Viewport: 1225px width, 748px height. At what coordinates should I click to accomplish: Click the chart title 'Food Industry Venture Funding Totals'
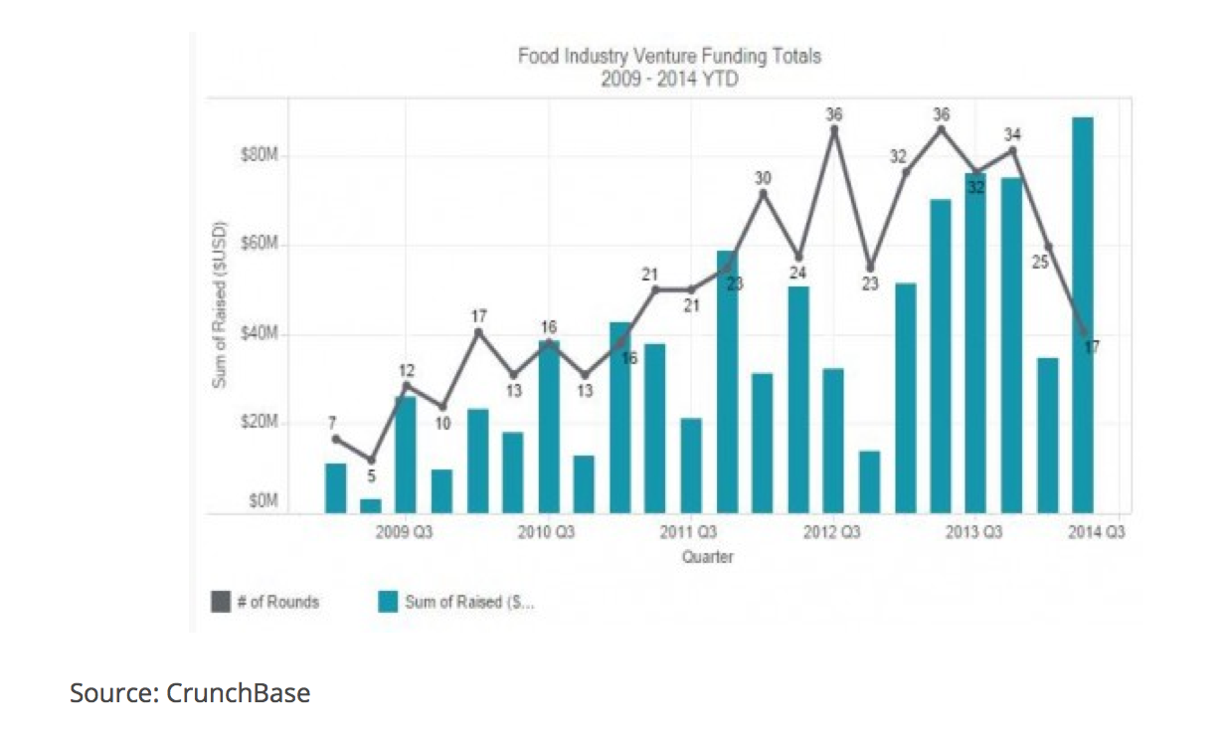click(669, 56)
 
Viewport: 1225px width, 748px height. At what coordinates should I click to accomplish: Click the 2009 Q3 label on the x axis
click(404, 533)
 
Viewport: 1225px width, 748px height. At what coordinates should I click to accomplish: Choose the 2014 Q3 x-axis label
click(1097, 533)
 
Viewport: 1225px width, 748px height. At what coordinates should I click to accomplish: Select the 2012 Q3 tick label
click(832, 533)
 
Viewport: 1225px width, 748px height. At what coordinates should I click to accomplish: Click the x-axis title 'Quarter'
click(707, 557)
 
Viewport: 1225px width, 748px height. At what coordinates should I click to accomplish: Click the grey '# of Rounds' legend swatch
click(221, 601)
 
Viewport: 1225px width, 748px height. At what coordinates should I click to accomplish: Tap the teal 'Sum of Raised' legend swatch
click(389, 601)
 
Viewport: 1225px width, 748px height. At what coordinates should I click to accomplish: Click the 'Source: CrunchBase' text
click(190, 692)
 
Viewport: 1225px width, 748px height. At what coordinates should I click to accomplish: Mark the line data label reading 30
click(763, 178)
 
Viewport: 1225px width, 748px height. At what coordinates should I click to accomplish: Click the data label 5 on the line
click(371, 477)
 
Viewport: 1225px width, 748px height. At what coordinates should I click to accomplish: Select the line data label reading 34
click(1012, 133)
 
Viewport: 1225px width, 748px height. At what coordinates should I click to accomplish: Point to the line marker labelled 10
click(442, 406)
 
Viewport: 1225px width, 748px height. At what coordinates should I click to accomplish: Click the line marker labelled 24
click(798, 257)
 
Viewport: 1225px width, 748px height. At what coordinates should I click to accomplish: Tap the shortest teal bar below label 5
click(371, 505)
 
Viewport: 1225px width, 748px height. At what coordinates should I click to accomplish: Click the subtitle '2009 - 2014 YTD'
click(669, 79)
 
